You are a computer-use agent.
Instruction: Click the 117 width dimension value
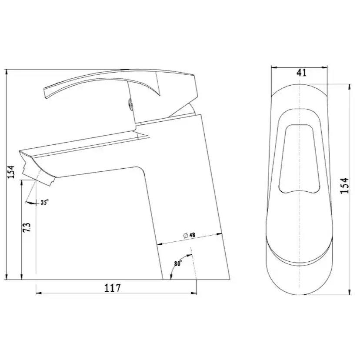coord(113,288)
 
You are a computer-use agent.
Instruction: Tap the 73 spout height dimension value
coord(27,227)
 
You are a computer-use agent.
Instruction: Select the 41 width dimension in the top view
coord(301,73)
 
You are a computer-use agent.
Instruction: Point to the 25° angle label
coord(44,202)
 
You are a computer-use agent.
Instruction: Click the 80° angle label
coord(178,263)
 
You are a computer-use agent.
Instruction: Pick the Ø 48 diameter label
coord(189,235)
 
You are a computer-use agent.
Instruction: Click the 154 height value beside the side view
coord(11,172)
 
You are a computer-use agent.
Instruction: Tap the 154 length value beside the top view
coord(344,186)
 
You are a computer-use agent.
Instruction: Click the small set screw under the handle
coord(130,104)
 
